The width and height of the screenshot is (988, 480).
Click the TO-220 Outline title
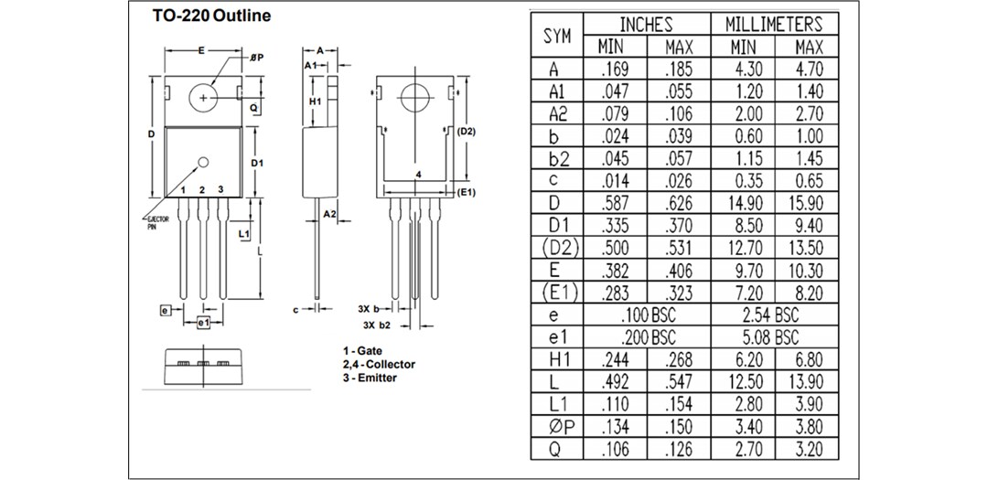(x=211, y=16)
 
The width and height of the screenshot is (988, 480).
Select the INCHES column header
(x=646, y=25)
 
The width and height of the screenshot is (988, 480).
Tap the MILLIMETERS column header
(x=774, y=25)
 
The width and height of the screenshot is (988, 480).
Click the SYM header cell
(x=557, y=36)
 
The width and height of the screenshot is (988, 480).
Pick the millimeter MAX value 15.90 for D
(x=809, y=203)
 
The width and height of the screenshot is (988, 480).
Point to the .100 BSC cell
(x=646, y=315)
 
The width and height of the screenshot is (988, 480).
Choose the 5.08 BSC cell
(x=774, y=337)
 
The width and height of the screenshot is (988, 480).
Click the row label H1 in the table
(x=557, y=360)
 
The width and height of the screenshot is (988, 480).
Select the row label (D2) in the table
(x=557, y=248)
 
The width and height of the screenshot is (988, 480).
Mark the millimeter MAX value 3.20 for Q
(x=809, y=449)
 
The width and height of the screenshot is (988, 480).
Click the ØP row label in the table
(x=557, y=427)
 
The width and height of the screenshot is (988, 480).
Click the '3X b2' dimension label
(x=377, y=325)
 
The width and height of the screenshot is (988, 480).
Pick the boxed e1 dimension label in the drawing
(x=203, y=324)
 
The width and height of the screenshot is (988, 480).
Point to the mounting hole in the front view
(x=202, y=96)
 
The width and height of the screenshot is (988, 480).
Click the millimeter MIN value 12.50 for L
(x=744, y=382)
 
